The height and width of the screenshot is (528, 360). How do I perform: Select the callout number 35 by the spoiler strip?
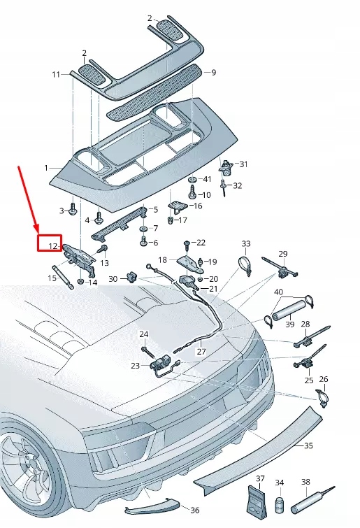pos(308,445)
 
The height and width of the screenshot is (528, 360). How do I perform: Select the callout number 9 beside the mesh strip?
pos(214,72)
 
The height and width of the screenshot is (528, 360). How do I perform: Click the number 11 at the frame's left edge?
pos(56,74)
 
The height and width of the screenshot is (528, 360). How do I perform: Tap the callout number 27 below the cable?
pos(201,352)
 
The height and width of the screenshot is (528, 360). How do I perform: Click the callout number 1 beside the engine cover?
pos(46,168)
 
